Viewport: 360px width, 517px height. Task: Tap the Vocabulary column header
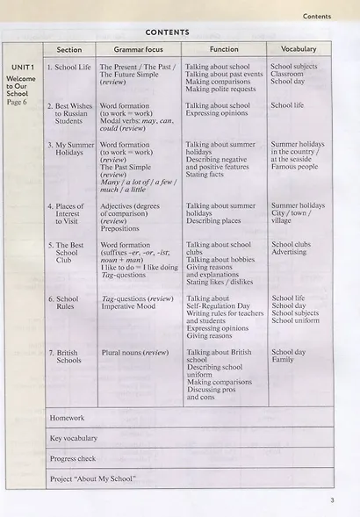[293, 49]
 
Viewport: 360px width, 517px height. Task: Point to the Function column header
[224, 49]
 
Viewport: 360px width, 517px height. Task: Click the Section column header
[69, 50]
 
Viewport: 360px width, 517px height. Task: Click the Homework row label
[67, 418]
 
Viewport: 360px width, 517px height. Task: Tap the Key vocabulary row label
[74, 438]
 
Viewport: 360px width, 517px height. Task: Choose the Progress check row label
[73, 458]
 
